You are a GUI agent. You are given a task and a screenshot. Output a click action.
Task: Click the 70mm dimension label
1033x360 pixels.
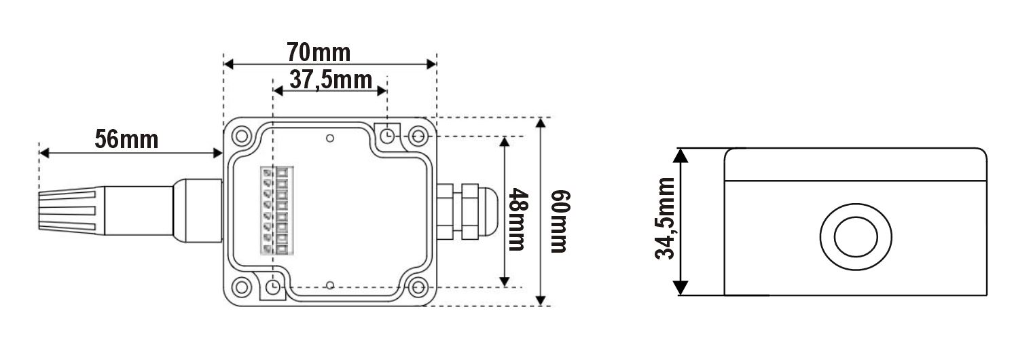318,52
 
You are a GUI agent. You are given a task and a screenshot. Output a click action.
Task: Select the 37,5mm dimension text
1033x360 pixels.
330,80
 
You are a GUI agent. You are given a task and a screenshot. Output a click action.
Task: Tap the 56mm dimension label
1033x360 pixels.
126,139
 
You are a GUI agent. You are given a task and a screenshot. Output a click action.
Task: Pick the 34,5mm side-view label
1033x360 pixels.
666,218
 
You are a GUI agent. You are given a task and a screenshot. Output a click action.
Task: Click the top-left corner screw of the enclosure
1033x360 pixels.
241,136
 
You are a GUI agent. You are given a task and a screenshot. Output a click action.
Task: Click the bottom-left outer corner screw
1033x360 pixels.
241,287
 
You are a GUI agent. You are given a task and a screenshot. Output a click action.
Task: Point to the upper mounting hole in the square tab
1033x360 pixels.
387,135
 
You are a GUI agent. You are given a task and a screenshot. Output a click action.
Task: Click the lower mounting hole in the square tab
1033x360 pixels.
273,287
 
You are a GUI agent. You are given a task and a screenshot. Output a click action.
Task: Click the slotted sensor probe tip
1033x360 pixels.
66,211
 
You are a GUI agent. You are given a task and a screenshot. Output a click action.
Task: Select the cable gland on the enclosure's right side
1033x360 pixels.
464,211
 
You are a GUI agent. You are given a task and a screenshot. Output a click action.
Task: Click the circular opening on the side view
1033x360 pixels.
855,237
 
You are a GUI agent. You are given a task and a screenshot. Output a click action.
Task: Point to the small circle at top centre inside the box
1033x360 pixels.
329,139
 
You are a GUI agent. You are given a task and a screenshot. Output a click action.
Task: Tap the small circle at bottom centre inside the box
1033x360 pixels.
329,285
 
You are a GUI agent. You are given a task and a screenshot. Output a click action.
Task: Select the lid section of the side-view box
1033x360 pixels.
855,164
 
